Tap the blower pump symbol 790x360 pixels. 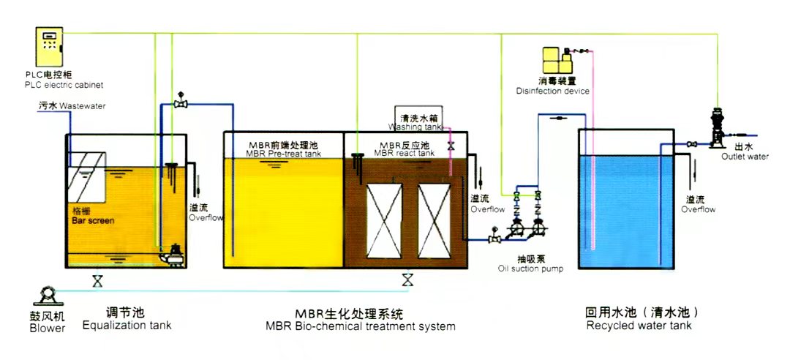tap(48, 296)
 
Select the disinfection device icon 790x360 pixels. tap(557, 60)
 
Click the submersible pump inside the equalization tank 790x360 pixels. tap(171, 255)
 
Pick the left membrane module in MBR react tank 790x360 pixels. tap(385, 220)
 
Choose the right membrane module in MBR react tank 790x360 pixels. tap(434, 220)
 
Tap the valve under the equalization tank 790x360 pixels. tap(97, 281)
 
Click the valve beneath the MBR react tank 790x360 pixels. tap(407, 280)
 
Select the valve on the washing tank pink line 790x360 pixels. tap(451, 146)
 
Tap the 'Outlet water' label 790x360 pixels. tap(745, 157)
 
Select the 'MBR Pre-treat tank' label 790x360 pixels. tap(283, 153)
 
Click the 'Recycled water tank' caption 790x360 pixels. tap(639, 325)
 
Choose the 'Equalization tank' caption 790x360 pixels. tap(127, 325)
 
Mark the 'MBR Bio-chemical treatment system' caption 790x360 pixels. tap(361, 326)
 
